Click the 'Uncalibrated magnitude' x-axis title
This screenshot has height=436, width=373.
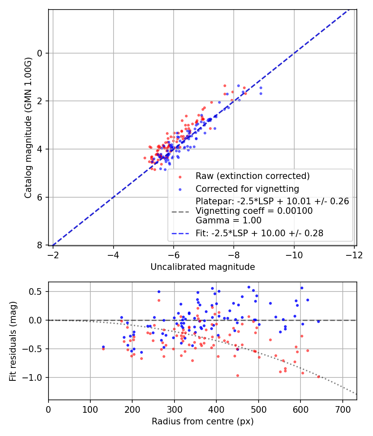click(x=202, y=267)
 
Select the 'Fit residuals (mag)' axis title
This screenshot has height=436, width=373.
click(x=13, y=340)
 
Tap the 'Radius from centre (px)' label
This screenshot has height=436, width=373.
click(x=202, y=421)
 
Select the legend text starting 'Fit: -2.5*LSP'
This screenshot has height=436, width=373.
click(x=259, y=233)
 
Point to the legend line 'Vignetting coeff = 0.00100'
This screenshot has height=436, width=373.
click(x=254, y=211)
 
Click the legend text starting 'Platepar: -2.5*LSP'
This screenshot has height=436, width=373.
click(x=272, y=201)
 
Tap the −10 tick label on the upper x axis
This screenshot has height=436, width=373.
click(x=294, y=253)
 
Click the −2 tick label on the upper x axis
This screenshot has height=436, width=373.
click(x=53, y=253)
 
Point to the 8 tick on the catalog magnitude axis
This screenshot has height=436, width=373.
click(x=40, y=245)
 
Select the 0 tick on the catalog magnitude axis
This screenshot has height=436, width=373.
click(x=40, y=53)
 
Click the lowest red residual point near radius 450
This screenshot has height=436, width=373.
click(x=237, y=375)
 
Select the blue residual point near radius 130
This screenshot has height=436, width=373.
click(x=103, y=347)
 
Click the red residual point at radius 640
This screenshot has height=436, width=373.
click(x=318, y=377)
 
